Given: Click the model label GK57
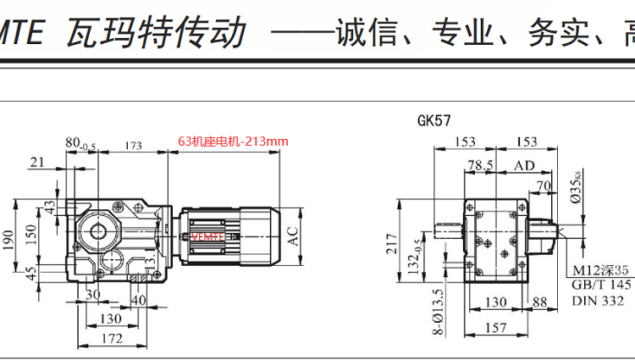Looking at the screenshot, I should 433,120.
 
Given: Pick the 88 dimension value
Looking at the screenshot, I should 539,302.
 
